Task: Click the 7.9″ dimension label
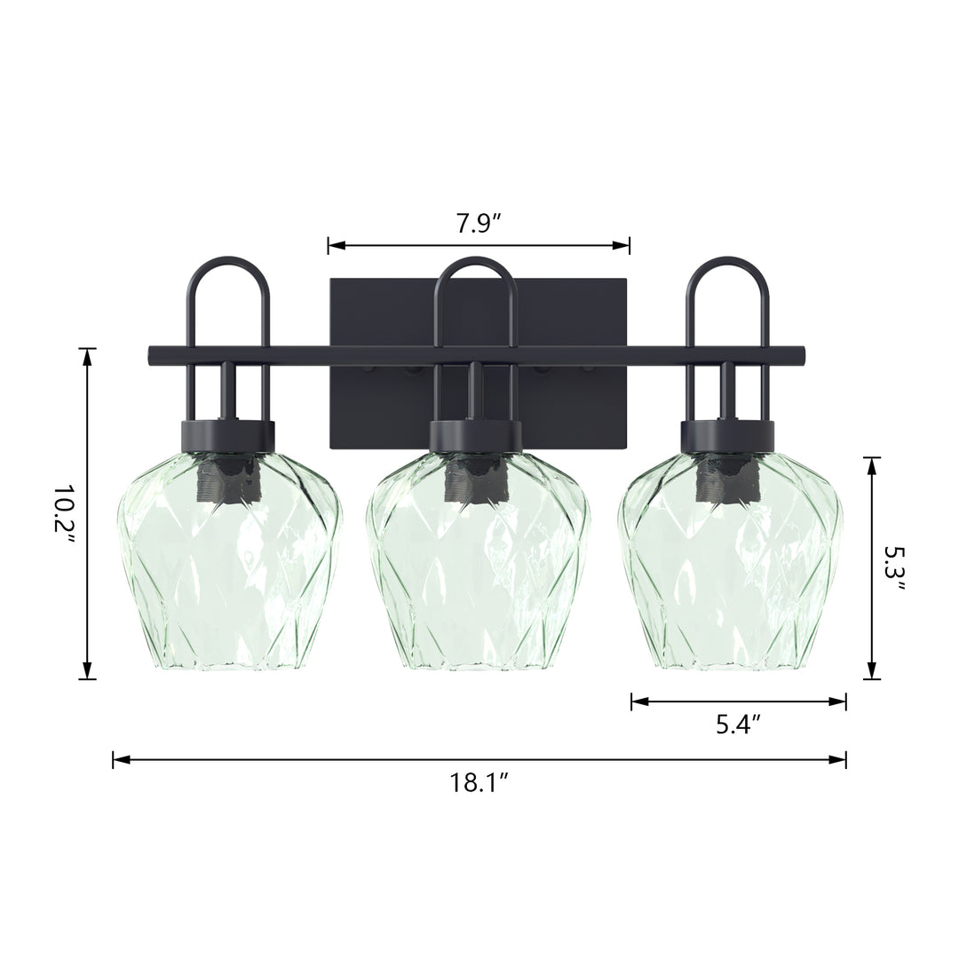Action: pyautogui.click(x=479, y=224)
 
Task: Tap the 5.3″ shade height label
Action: pyautogui.click(x=893, y=569)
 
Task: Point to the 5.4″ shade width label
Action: pyautogui.click(x=738, y=725)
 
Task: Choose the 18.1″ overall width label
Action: pyautogui.click(x=479, y=782)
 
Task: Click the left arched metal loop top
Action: pyautogui.click(x=227, y=259)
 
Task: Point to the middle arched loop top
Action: pyautogui.click(x=476, y=259)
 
